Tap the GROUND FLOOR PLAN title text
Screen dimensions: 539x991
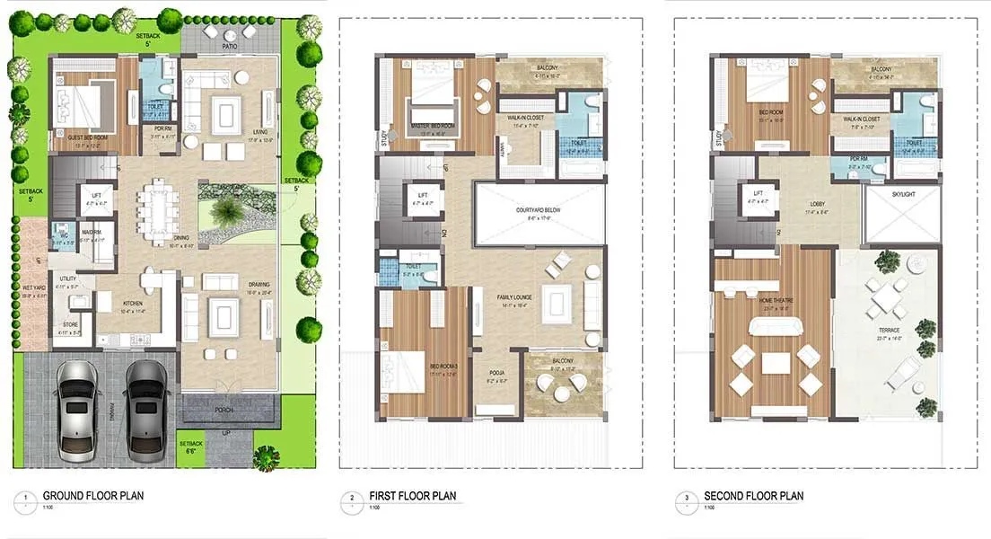pos(93,496)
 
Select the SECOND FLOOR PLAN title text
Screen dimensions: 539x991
pos(754,496)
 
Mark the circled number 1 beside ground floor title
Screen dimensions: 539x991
pos(27,497)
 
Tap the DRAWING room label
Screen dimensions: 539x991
pos(259,286)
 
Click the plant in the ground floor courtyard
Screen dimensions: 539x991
pos(226,213)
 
